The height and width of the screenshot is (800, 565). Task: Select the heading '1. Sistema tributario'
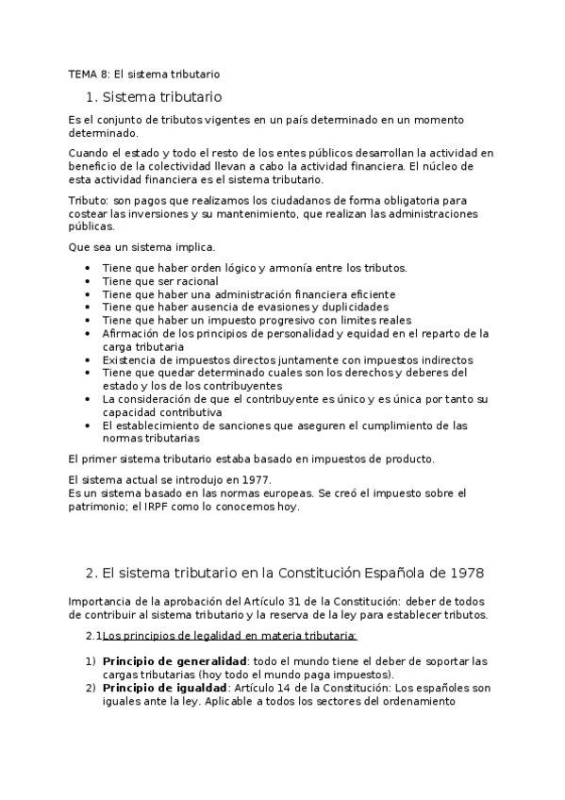click(153, 96)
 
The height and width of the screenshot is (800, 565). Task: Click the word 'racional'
click(197, 281)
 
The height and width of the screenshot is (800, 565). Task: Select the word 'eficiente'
click(368, 294)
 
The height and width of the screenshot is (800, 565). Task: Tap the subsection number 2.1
click(92, 636)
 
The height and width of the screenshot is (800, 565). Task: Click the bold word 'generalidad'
click(209, 660)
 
